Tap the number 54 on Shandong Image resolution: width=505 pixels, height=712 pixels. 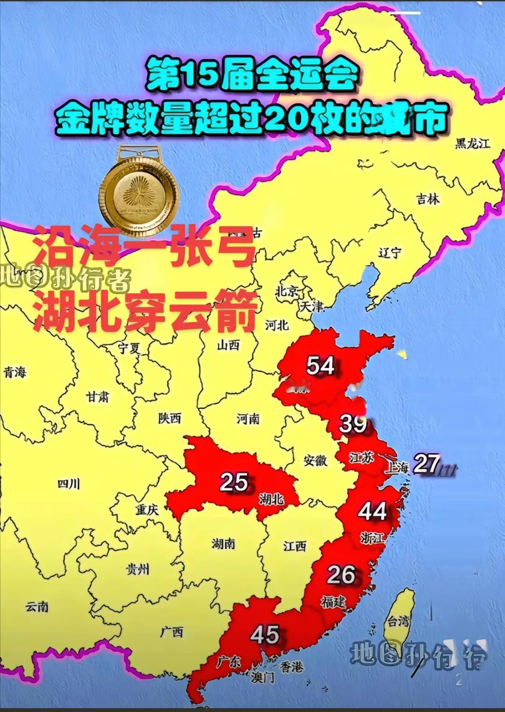[x=321, y=366]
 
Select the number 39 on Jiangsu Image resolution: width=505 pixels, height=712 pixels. [x=353, y=424]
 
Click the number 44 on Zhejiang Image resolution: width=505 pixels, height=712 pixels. [x=372, y=511]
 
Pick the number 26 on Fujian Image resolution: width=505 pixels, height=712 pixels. [x=341, y=575]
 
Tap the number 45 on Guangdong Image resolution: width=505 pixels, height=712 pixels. [x=265, y=635]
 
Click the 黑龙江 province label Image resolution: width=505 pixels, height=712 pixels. [x=472, y=143]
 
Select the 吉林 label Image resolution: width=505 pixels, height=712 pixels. [x=428, y=199]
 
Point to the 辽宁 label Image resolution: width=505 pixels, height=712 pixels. [x=390, y=253]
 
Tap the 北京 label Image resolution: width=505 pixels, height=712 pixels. [x=287, y=292]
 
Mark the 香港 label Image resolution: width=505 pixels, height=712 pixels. [x=292, y=666]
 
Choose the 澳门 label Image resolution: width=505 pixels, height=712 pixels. [x=263, y=677]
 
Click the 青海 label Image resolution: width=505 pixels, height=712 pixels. [x=15, y=372]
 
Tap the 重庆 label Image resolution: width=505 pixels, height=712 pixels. [x=147, y=509]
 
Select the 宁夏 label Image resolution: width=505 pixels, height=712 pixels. [x=129, y=349]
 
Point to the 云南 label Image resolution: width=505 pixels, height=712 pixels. [x=37, y=607]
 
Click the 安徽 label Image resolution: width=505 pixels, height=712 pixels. [x=316, y=461]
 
